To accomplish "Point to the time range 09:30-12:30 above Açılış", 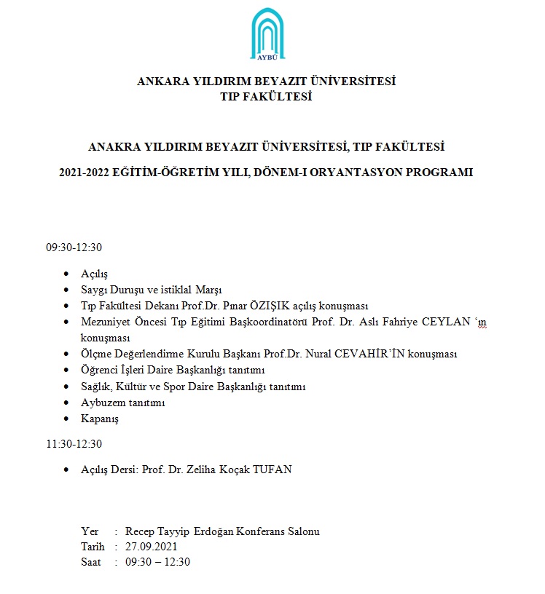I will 74,247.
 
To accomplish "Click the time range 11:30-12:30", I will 74,444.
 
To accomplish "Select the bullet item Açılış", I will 95,274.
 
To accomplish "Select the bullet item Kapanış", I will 100,419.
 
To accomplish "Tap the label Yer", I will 90,531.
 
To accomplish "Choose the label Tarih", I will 93,547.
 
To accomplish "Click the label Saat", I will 91,562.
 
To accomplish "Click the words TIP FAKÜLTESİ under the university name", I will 266,97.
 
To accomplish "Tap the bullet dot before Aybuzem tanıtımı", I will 68,403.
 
